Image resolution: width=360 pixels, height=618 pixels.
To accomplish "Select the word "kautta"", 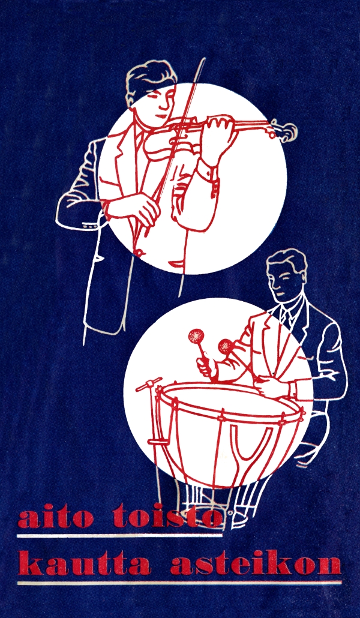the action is tap(84, 563).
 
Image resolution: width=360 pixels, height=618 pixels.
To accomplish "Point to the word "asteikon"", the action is tap(256, 563).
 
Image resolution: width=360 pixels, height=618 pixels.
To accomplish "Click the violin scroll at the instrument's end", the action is tap(287, 131).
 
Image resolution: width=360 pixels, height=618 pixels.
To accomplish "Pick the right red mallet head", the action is tap(226, 347).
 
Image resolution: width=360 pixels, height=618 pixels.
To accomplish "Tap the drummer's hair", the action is tap(287, 260).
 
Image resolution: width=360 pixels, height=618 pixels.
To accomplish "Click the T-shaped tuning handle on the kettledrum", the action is tap(149, 382).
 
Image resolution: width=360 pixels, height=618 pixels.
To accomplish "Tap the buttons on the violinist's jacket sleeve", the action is tap(90, 227).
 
